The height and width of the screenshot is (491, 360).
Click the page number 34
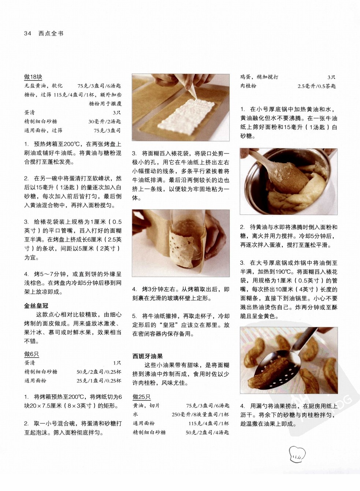click(27, 34)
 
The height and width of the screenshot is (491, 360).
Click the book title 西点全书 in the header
click(51, 34)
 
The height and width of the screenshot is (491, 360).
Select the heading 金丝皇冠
click(36, 306)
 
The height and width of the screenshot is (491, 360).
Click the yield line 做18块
click(33, 77)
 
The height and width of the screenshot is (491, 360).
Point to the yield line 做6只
click(31, 354)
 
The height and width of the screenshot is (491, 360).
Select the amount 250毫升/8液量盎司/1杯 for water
click(200, 414)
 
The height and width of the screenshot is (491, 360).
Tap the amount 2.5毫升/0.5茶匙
click(316, 86)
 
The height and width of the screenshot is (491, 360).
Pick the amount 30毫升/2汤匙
click(105, 122)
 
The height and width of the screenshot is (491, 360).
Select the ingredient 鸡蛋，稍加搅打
click(259, 77)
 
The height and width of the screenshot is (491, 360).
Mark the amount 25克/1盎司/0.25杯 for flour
click(99, 380)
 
